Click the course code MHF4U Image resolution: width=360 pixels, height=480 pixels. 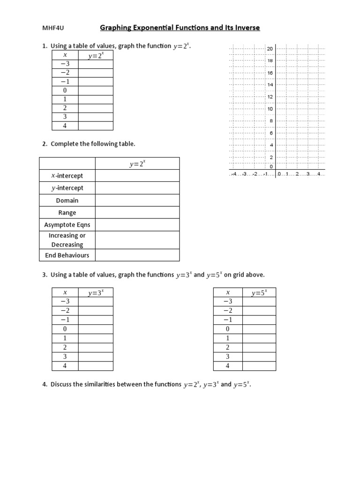tap(53, 28)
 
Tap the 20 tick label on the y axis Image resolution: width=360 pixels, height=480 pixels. tap(270, 49)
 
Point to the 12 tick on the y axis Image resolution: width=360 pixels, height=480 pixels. tap(270, 97)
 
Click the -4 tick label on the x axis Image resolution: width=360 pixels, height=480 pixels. tap(233, 174)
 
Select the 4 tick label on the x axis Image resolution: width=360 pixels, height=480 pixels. tap(318, 174)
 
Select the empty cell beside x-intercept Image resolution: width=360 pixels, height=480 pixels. tap(137, 176)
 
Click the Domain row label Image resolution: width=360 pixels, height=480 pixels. tap(67, 200)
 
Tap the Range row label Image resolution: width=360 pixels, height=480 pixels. tap(67, 213)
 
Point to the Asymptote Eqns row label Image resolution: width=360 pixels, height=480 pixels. tap(67, 225)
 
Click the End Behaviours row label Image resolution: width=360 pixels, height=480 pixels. tap(67, 255)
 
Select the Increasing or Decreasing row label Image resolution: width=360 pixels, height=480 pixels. tap(67, 240)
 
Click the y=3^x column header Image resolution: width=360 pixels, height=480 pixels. tap(96, 293)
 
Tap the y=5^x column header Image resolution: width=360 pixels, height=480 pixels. tap(259, 293)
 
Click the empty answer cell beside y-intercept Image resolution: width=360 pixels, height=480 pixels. tap(137, 188)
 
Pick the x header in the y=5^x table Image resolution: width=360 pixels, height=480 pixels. tap(228, 293)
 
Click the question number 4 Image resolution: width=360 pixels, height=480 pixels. tap(45, 384)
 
